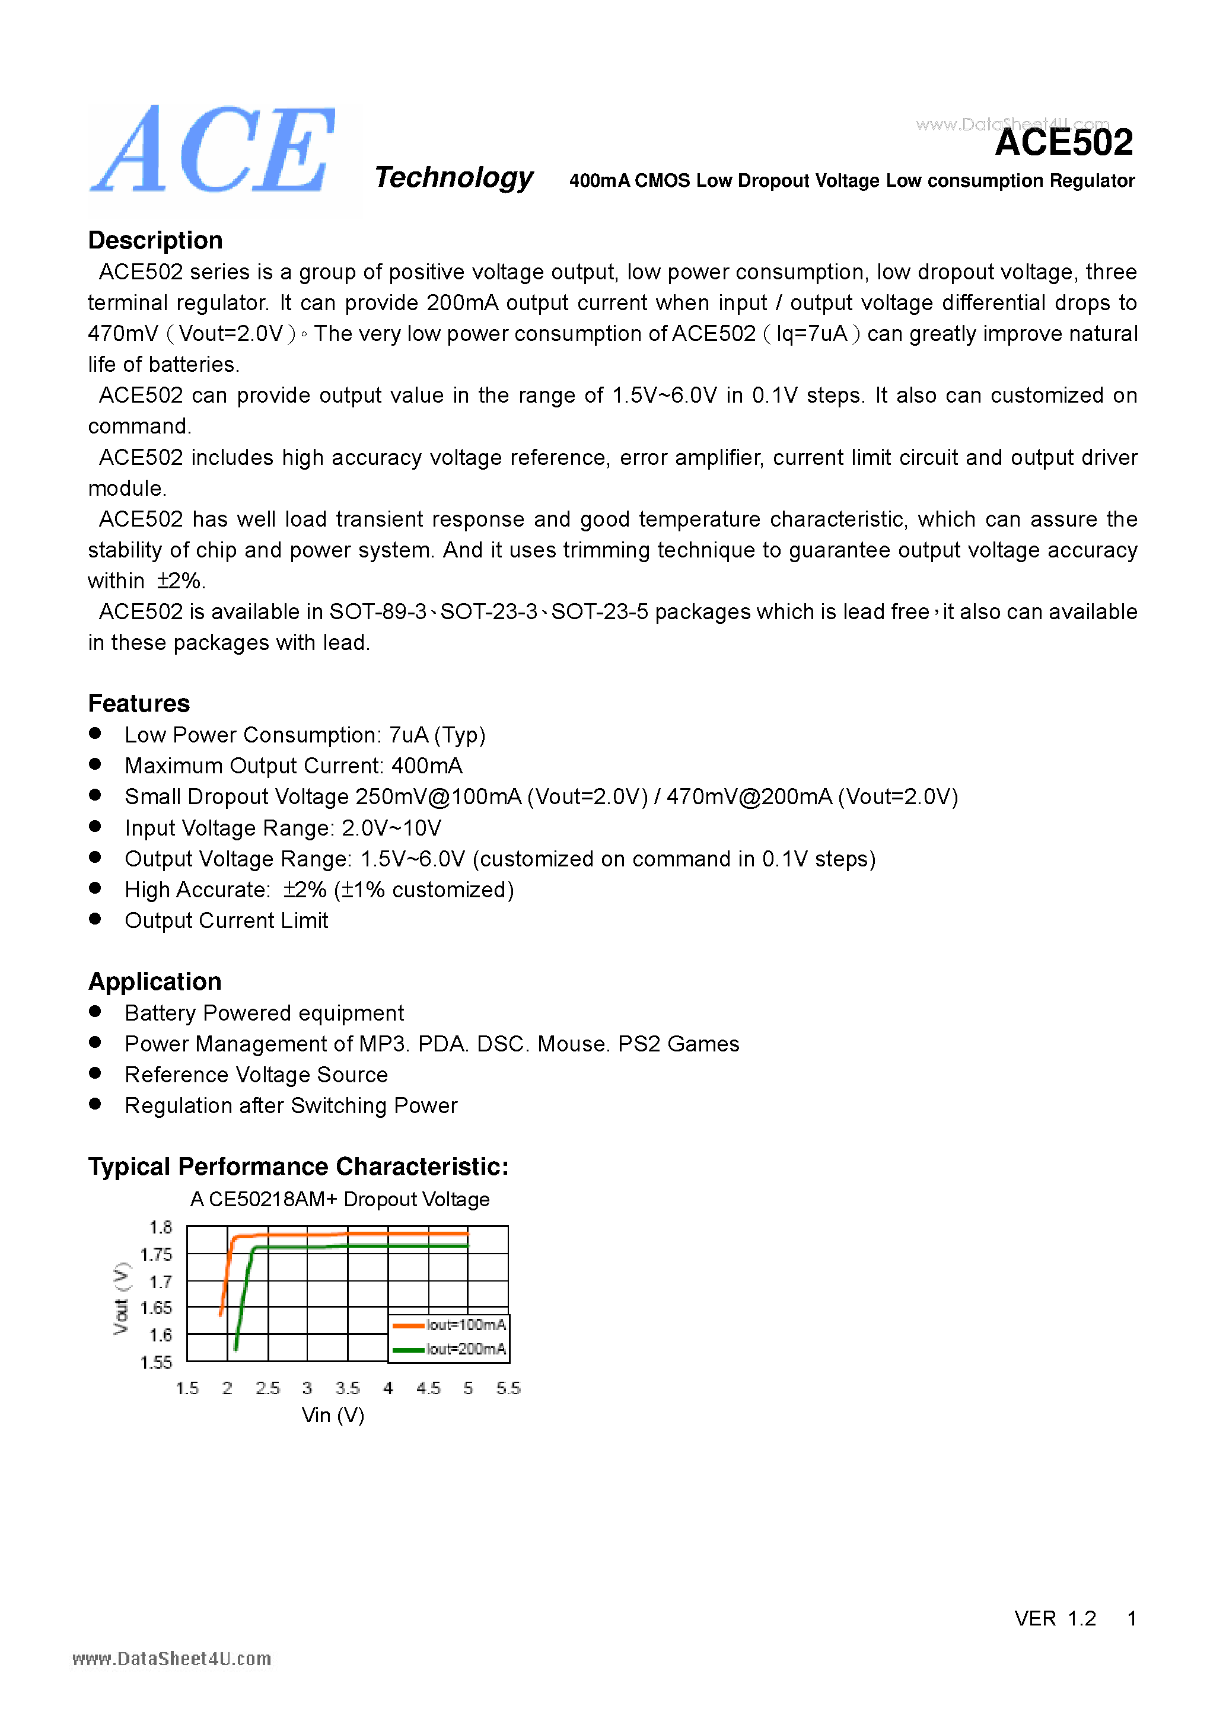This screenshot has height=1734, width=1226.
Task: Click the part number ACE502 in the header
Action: [x=1063, y=143]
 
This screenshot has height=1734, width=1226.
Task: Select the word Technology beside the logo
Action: [x=453, y=177]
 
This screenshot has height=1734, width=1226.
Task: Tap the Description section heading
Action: [x=155, y=240]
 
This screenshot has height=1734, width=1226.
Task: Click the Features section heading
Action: [x=139, y=703]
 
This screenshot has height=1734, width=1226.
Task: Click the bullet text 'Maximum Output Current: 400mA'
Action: [x=293, y=766]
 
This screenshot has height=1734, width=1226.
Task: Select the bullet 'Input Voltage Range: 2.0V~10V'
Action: [x=282, y=828]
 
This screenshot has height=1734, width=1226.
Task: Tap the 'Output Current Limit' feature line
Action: [x=226, y=920]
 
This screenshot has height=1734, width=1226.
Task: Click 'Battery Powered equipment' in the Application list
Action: [x=263, y=1013]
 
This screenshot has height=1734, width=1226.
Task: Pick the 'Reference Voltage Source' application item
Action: [x=256, y=1075]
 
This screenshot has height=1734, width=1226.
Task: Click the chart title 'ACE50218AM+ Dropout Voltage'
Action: [x=340, y=1199]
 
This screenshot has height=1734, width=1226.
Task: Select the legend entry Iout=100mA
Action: [x=466, y=1325]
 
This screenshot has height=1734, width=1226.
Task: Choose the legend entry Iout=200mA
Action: [x=466, y=1349]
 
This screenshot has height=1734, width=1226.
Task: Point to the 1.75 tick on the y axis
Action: [x=157, y=1254]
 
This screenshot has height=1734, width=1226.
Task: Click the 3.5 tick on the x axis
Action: [x=348, y=1388]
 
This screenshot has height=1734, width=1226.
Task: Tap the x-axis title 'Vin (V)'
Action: [x=332, y=1416]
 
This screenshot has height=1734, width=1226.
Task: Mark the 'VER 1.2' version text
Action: [x=1055, y=1618]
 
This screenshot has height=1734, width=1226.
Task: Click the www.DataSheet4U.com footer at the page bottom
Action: [x=171, y=1659]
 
